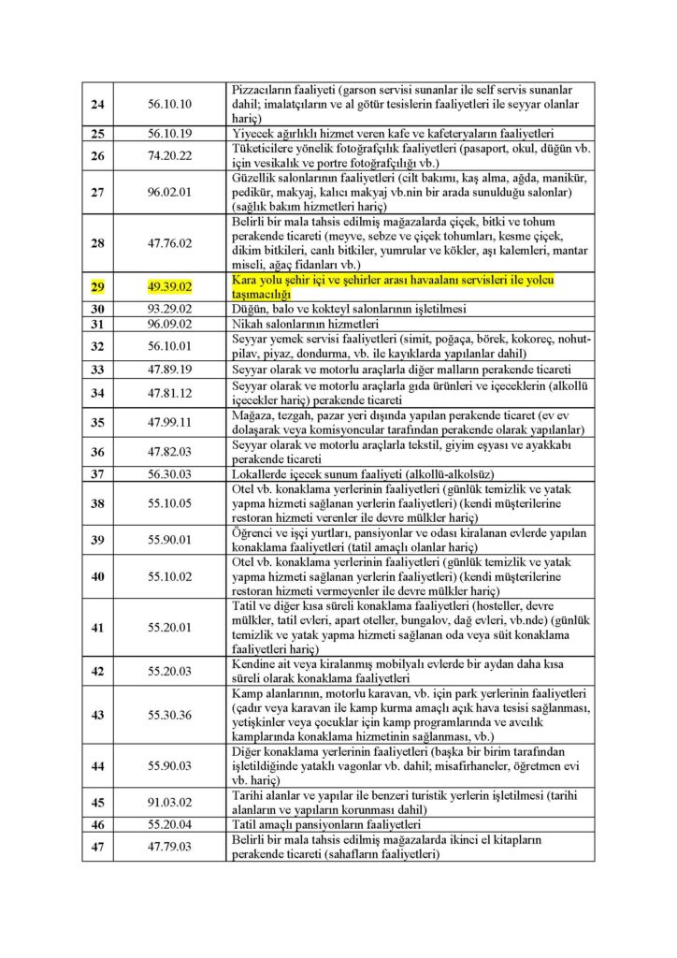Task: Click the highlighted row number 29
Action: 97,286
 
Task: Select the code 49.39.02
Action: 170,286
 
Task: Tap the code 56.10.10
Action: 170,103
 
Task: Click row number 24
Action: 97,103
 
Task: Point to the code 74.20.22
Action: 170,154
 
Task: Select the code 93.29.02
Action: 170,308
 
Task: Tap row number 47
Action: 97,847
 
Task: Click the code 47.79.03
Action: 170,847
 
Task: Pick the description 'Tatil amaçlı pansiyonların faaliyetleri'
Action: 334,825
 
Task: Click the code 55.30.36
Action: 170,715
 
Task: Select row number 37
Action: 97,473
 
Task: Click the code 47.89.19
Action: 170,369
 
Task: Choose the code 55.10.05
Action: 170,502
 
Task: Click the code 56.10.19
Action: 170,133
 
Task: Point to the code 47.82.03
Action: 170,452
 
